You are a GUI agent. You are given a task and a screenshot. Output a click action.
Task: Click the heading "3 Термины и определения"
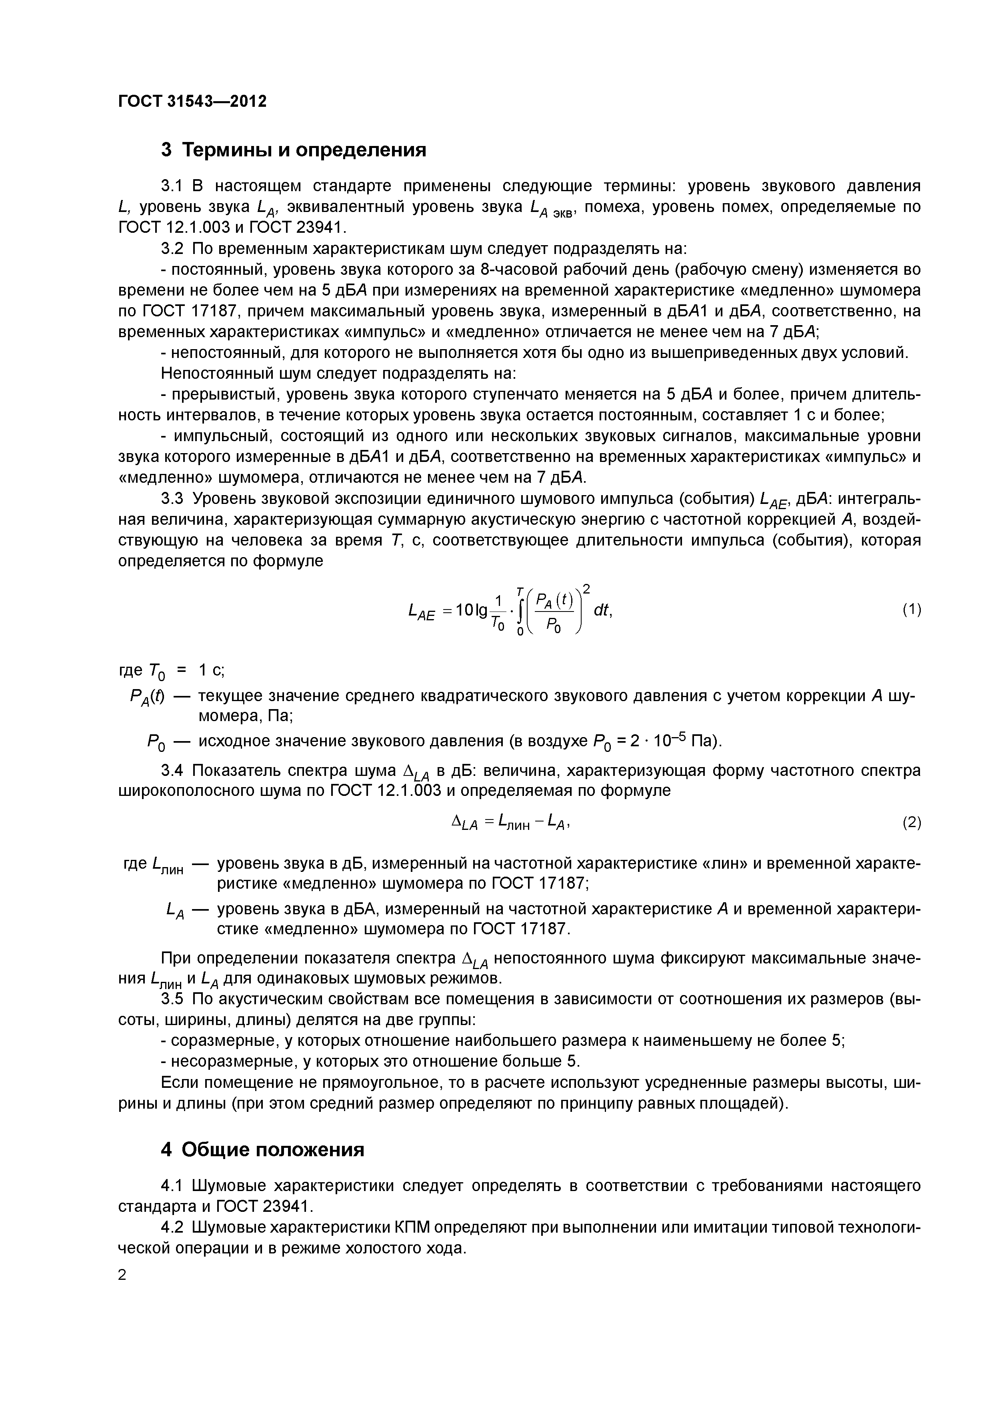point(293,150)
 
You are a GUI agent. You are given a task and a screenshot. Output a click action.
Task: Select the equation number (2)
point(911,823)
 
